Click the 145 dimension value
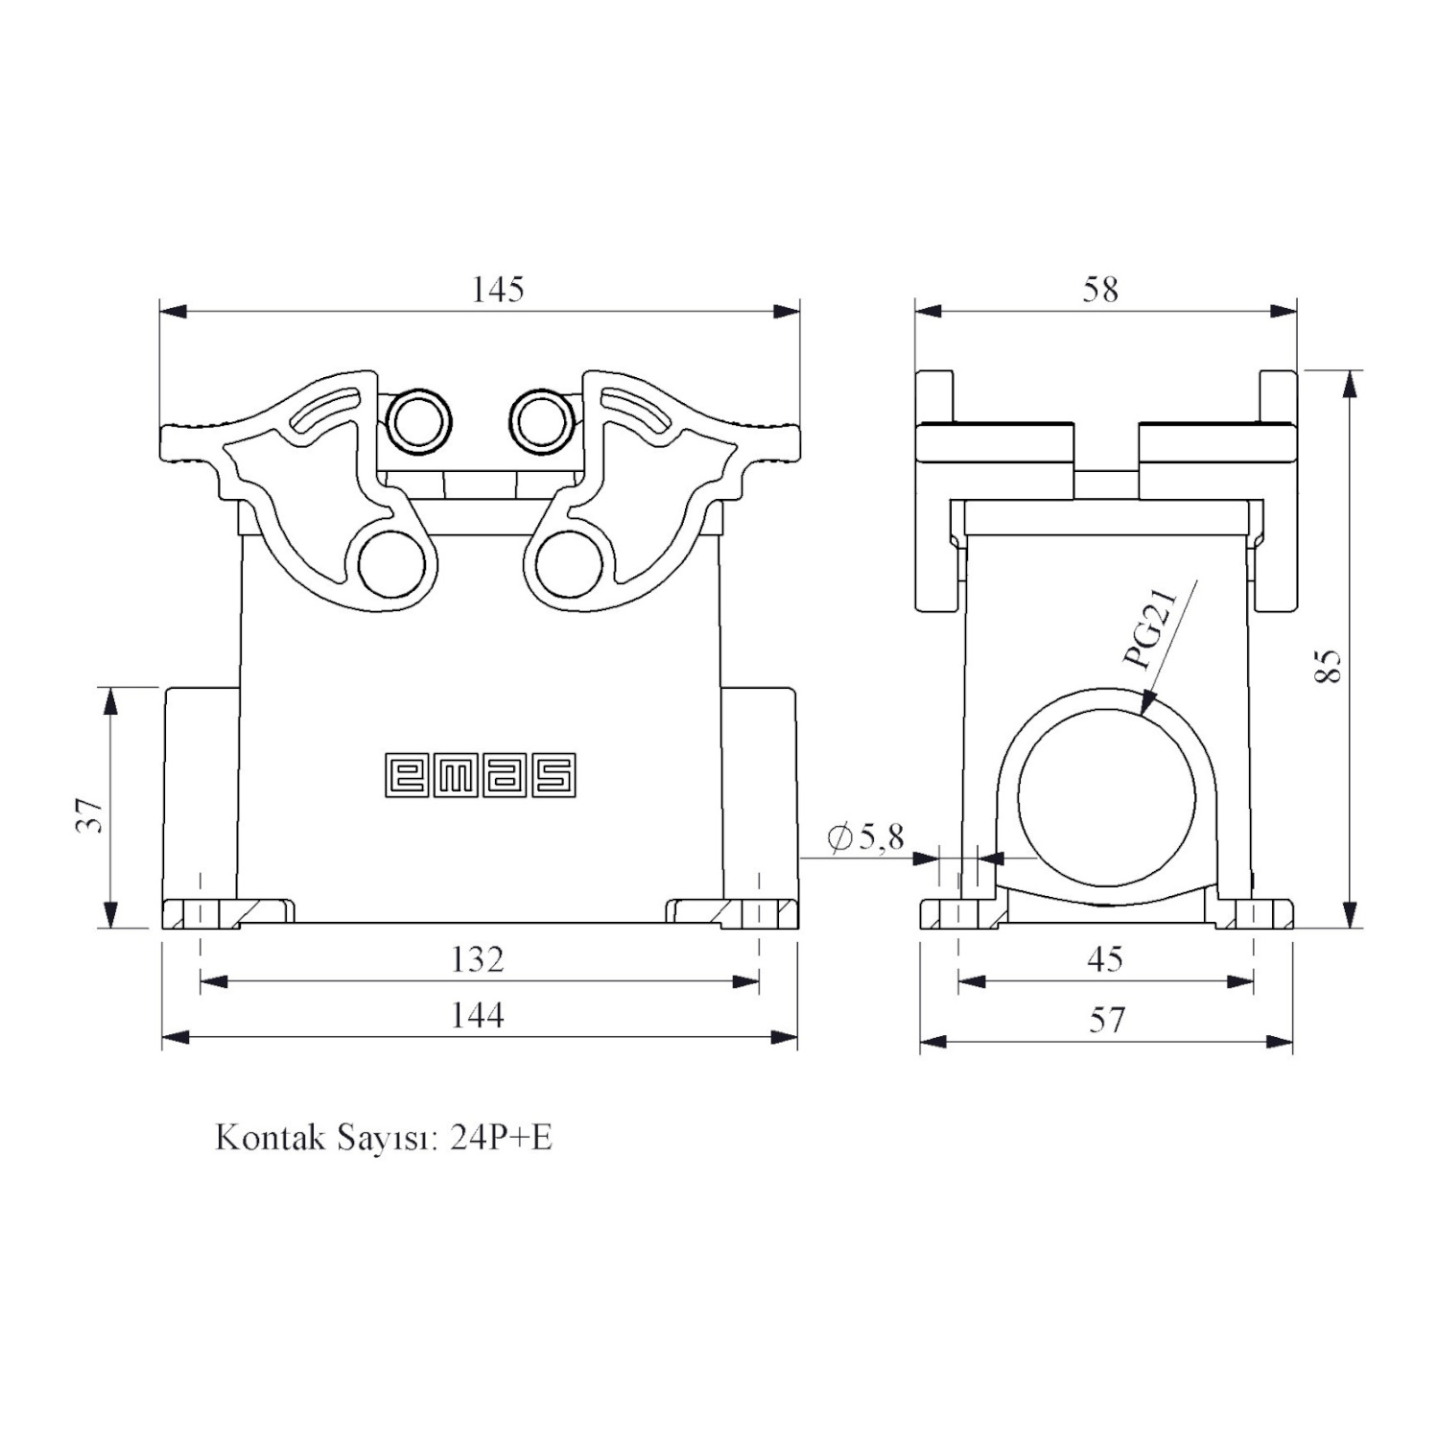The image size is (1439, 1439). [x=498, y=289]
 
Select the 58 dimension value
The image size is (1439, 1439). [x=1100, y=289]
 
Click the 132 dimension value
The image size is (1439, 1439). [x=478, y=958]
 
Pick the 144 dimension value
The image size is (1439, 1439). [x=478, y=1014]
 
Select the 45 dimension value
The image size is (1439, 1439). [x=1105, y=958]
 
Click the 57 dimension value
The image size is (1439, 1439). [x=1106, y=1019]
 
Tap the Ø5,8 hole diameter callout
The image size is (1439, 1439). [x=865, y=837]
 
